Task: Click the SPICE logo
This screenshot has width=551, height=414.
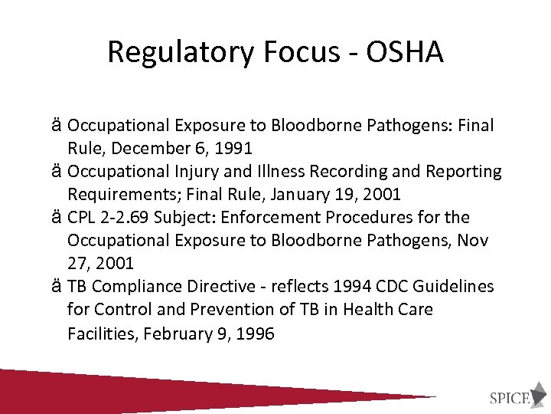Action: click(512, 397)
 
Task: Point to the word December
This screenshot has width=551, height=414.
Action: click(142, 148)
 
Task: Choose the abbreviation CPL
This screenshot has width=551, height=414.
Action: click(82, 217)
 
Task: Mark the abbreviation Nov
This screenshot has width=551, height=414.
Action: click(473, 241)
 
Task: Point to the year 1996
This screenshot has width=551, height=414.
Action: click(256, 333)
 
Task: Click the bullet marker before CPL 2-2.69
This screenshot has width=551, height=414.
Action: click(58, 217)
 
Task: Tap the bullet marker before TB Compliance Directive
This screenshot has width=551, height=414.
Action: click(58, 287)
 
